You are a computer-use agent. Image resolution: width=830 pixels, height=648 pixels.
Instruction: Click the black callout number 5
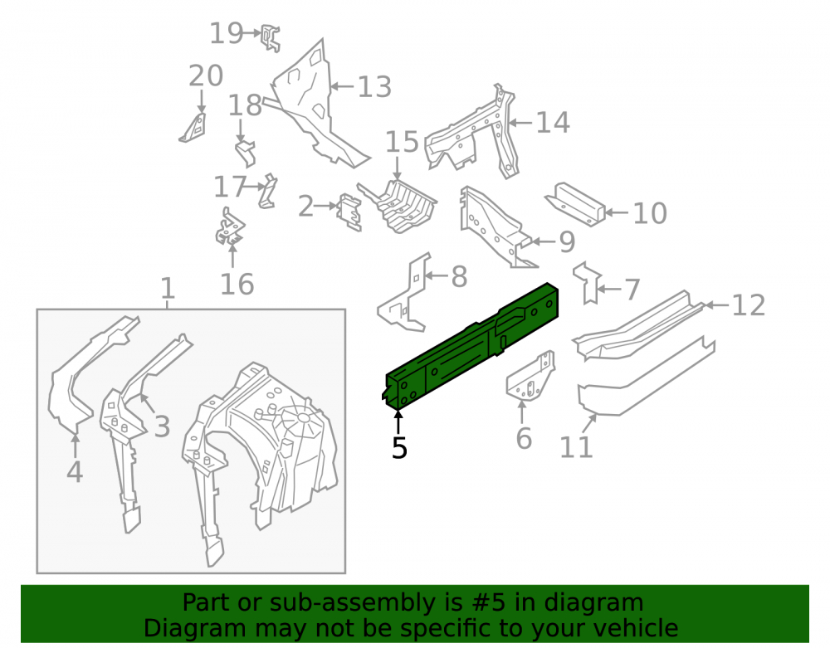(x=400, y=447)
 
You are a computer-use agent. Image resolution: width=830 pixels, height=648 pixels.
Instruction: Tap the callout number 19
(x=227, y=33)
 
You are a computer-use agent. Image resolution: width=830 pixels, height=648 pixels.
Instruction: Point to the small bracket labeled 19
(x=271, y=39)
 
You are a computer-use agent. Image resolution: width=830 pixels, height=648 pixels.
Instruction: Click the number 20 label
(x=206, y=76)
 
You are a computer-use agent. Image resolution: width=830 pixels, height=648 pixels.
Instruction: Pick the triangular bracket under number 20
(x=193, y=128)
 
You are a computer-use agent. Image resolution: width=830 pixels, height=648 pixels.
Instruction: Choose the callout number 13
(x=375, y=87)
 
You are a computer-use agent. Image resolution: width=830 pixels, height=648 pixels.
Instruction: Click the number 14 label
(x=553, y=123)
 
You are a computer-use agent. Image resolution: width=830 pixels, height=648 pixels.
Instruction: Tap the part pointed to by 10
(x=575, y=204)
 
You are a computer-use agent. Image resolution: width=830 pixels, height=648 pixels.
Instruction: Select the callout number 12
(x=749, y=305)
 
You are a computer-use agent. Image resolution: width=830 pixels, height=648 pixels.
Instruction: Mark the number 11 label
(x=577, y=447)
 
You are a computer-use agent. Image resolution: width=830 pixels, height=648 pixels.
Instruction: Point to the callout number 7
(x=632, y=290)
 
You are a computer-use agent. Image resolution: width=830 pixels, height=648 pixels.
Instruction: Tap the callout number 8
(x=460, y=277)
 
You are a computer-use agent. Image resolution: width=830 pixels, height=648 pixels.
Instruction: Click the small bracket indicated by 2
(x=350, y=212)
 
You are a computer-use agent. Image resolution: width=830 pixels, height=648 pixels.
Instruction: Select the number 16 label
(x=237, y=285)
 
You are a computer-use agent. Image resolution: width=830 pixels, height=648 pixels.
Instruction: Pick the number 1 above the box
(x=168, y=288)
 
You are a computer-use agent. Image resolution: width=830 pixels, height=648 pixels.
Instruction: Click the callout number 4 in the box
(x=75, y=472)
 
